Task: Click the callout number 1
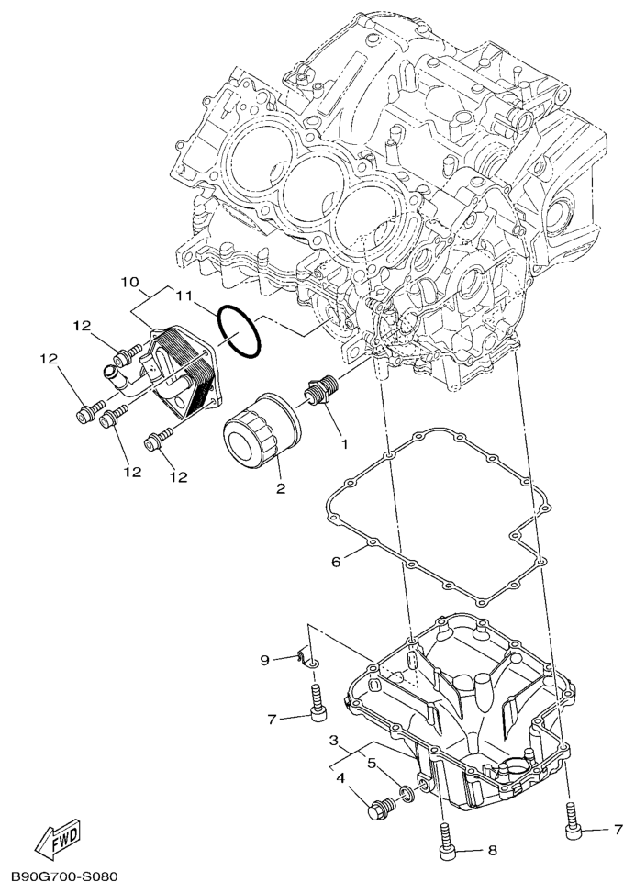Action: (343, 443)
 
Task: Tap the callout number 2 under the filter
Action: (281, 488)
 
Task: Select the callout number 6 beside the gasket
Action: (336, 562)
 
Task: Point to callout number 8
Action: (493, 851)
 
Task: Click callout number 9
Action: (264, 660)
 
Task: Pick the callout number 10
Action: (130, 282)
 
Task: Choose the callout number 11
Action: (184, 296)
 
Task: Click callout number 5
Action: (372, 763)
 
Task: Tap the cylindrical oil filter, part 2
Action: (262, 430)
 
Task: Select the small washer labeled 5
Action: (407, 792)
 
